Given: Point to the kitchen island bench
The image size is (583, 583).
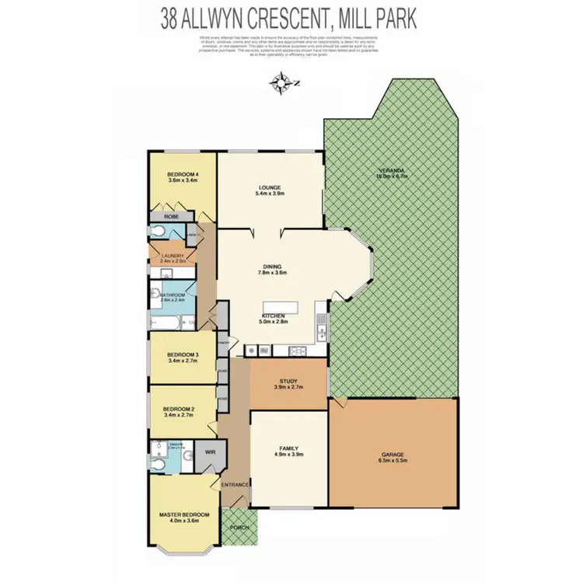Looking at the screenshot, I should point(280,307).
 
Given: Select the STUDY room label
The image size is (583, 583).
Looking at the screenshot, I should point(288,380).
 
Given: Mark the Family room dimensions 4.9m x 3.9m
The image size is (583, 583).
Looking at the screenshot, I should point(288,454).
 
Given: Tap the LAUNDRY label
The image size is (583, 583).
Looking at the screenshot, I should point(173,256).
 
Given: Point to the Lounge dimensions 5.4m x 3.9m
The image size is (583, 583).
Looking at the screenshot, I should point(270,194).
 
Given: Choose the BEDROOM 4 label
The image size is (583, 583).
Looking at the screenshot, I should point(183,174).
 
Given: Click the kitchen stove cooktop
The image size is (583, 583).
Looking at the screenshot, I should point(296,351).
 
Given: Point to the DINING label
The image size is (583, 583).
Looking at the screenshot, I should point(272,266).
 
